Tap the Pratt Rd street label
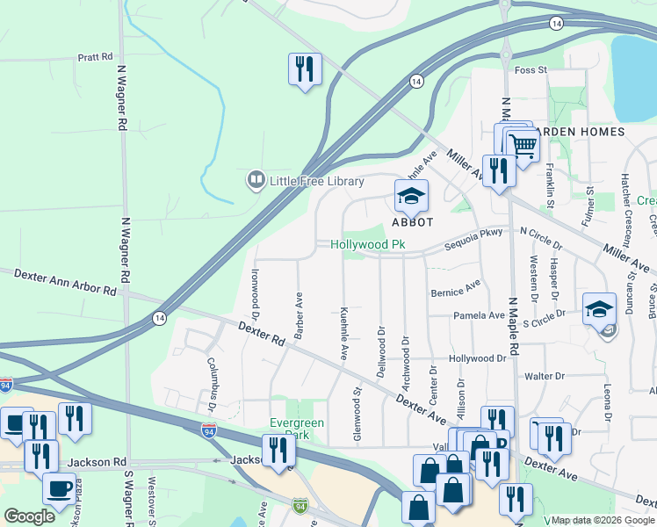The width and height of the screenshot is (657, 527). [x=96, y=57]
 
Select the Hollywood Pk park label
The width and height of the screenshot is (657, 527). [x=367, y=244]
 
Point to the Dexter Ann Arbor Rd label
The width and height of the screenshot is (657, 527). [x=65, y=282]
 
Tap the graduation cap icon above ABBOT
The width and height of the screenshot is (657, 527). [x=409, y=197]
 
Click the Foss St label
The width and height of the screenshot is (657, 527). [x=531, y=69]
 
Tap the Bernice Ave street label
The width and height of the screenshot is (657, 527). [x=455, y=290]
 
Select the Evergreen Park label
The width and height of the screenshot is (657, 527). [x=298, y=429]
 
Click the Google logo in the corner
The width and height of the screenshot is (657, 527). [x=29, y=516]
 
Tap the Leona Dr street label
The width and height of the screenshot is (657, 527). [x=606, y=382]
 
